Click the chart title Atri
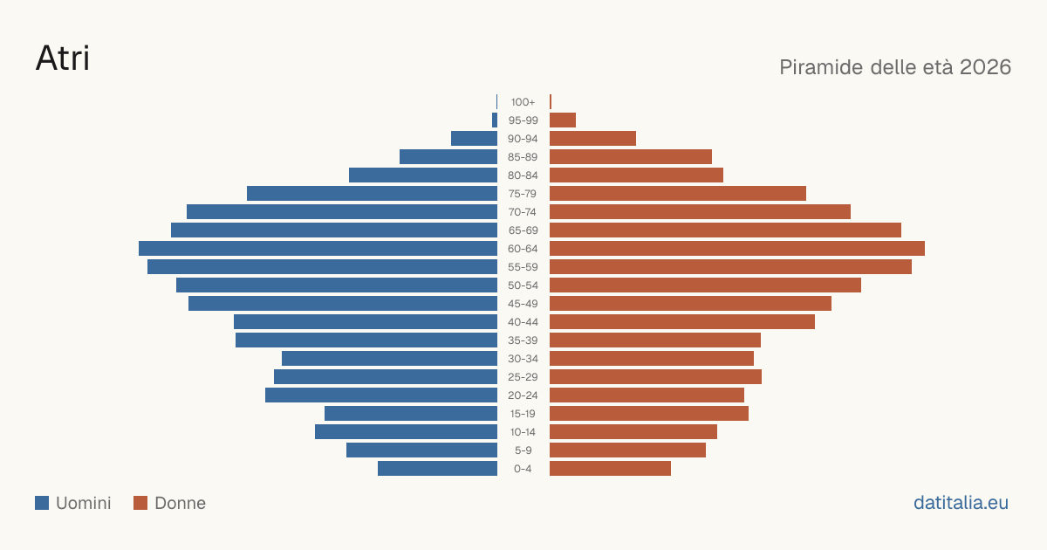tap(63, 58)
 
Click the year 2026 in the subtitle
tap(985, 67)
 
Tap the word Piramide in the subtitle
tap(821, 67)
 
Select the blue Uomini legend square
tap(42, 503)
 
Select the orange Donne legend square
tap(140, 503)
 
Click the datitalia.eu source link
tap(961, 503)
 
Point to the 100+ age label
tap(523, 102)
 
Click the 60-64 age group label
tap(523, 248)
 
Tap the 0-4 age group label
tap(523, 469)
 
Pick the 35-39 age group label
tap(523, 340)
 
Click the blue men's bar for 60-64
tap(318, 248)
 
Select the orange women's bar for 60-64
tap(737, 248)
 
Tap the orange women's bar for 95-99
tap(563, 120)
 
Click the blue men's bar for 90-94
tap(474, 139)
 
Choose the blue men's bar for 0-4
tap(437, 469)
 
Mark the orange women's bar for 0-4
tap(611, 469)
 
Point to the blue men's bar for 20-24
tap(381, 395)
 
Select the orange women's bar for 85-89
tap(631, 156)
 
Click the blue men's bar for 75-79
tap(372, 194)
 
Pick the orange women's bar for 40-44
tap(682, 322)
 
